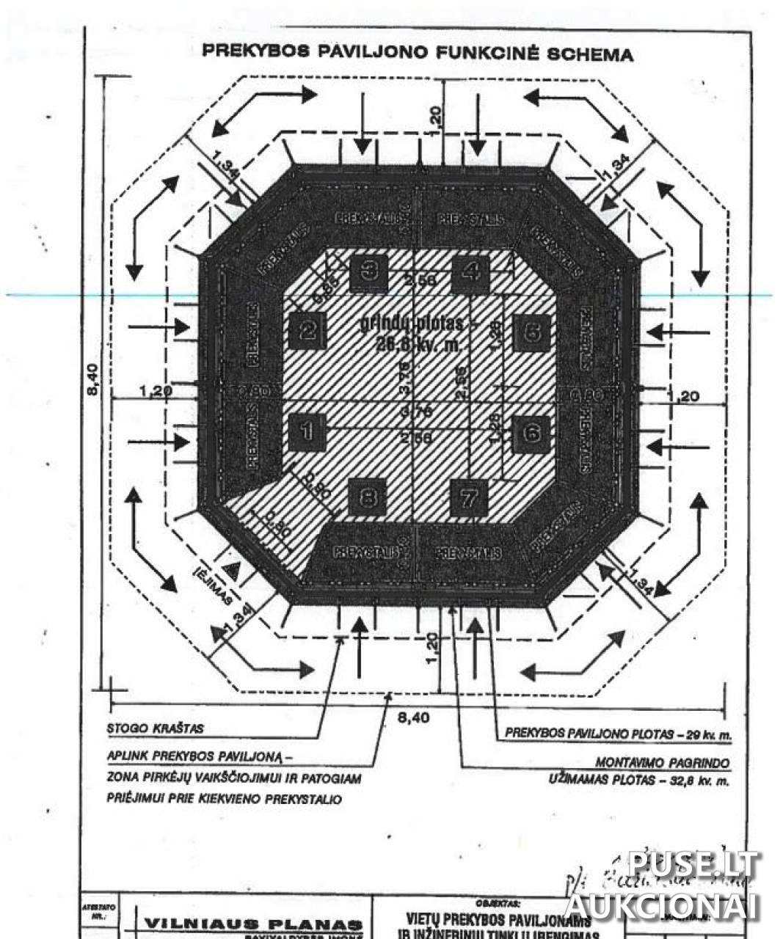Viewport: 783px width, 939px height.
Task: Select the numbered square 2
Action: click(307, 331)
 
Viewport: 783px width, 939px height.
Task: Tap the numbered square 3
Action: click(369, 271)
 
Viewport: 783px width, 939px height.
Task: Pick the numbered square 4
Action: click(470, 272)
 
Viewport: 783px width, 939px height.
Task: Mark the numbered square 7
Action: click(469, 498)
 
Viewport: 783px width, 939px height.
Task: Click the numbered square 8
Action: click(368, 498)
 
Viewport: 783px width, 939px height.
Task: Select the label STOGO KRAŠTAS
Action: click(155, 729)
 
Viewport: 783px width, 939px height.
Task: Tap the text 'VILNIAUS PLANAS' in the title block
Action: click(253, 924)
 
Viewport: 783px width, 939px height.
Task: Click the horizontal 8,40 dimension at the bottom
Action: click(413, 717)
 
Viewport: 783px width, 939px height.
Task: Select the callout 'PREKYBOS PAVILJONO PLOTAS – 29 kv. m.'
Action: click(619, 734)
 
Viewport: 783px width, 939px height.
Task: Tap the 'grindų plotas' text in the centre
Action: click(412, 324)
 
